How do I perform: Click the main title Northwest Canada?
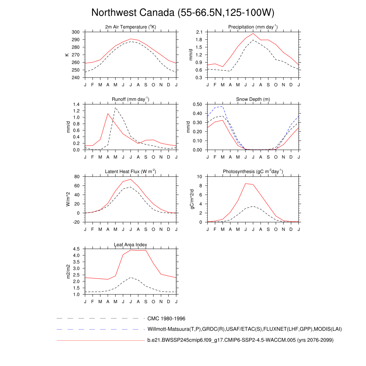183,13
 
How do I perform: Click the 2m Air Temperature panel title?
131,27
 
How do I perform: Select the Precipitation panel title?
253,27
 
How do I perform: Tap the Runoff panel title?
131,99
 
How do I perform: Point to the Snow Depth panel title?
253,99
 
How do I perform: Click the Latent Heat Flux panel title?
131,172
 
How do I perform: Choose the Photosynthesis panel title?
253,172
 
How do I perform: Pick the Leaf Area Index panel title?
131,244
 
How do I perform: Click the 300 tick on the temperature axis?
75,32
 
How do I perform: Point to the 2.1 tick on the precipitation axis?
199,32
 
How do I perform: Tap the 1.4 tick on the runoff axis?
76,104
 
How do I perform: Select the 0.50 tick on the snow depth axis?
198,104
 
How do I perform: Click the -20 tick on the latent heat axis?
76,222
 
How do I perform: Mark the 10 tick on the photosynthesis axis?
200,177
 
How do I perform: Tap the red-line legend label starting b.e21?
240,340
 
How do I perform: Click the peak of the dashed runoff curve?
115,108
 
